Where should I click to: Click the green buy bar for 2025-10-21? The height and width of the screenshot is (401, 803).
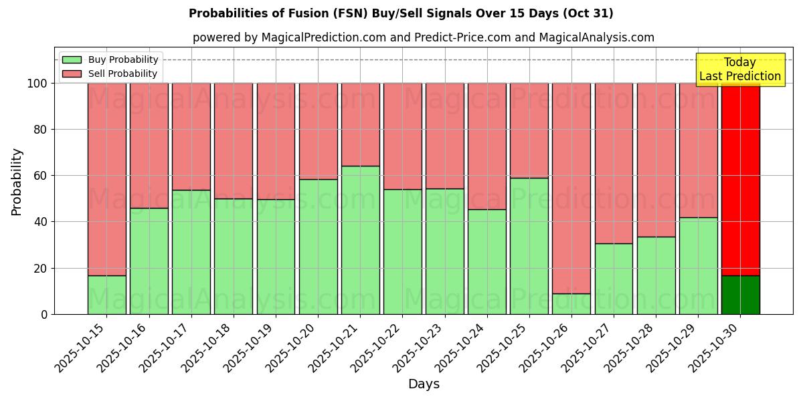click(x=360, y=240)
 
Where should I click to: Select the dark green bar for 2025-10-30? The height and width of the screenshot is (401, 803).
click(x=740, y=295)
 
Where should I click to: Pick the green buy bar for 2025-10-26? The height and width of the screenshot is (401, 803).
click(x=571, y=304)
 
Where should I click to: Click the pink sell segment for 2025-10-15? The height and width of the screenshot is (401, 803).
click(x=106, y=179)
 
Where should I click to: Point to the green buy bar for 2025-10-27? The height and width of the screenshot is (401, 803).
click(x=614, y=279)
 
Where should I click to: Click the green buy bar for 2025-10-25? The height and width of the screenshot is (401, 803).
click(x=529, y=246)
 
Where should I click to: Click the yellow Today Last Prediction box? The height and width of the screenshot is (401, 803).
click(x=740, y=70)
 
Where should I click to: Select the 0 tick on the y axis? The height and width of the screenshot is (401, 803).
click(x=44, y=314)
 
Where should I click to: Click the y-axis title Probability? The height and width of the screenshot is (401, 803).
click(x=17, y=182)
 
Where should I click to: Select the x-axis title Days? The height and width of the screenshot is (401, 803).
click(x=424, y=384)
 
